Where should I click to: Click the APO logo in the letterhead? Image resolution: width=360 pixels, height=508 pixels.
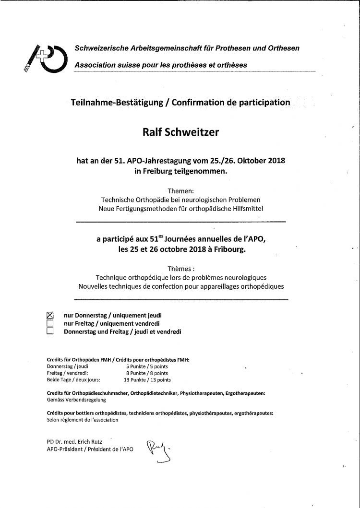(45, 57)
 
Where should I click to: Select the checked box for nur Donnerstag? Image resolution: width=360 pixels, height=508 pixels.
(49, 315)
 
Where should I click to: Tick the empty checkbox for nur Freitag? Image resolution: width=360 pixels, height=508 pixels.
(49, 323)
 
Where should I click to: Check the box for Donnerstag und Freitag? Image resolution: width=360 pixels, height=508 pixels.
(49, 331)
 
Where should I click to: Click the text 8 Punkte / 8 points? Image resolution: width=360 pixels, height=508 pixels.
(147, 372)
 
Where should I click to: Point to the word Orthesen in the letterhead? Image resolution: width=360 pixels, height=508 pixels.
(282, 48)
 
